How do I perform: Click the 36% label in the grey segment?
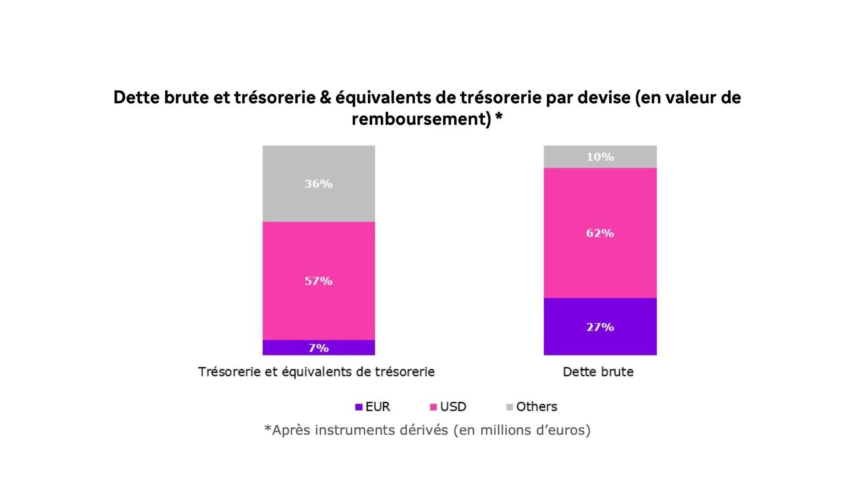click(x=318, y=183)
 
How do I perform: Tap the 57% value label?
click(x=318, y=281)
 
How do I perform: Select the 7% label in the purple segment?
click(x=318, y=348)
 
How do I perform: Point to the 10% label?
click(x=600, y=157)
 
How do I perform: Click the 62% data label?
click(x=600, y=233)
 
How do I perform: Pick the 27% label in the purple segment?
click(x=600, y=327)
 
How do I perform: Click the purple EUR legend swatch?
click(x=359, y=407)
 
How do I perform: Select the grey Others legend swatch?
click(x=510, y=407)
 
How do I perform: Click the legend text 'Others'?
click(x=537, y=407)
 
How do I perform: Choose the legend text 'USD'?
click(x=453, y=407)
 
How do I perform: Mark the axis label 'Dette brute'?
click(x=598, y=372)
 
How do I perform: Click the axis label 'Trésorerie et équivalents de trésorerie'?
click(x=316, y=372)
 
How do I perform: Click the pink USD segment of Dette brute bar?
click(x=600, y=267)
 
